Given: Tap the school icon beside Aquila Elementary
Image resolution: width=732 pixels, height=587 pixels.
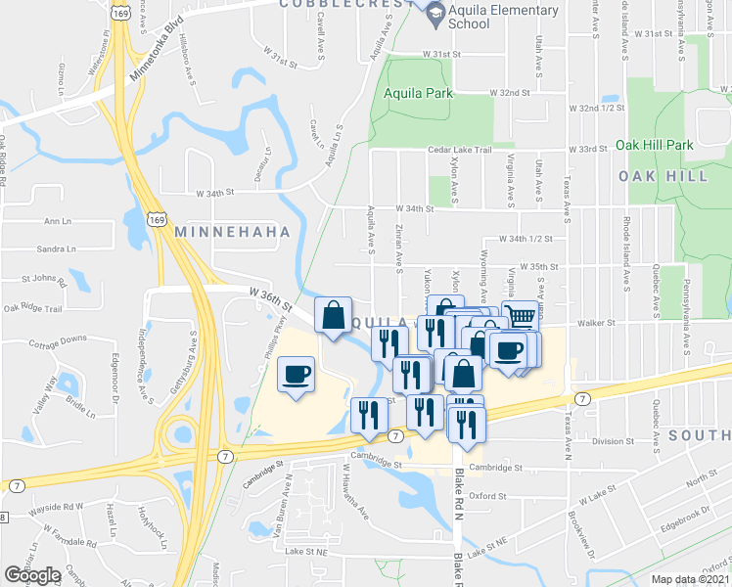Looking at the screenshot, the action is pos(433,11).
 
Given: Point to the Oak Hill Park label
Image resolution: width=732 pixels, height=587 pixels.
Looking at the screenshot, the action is pos(654,145).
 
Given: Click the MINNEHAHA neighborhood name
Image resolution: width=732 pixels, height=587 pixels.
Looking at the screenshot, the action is pos(232,232).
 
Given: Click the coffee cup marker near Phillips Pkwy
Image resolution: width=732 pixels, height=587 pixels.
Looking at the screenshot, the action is pos(296,374).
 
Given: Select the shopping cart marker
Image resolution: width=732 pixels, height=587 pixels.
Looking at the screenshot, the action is pos(521,316).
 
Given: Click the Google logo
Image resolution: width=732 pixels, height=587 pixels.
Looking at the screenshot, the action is pos(32,574).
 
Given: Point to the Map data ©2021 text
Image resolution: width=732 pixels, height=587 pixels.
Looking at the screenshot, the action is pos(691,579).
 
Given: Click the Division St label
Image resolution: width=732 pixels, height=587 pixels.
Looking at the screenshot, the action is pos(614,441).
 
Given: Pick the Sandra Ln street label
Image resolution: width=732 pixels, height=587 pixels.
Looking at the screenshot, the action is pos(56,249).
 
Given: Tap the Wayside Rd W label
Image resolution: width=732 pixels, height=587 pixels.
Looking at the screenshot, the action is pos(55,507).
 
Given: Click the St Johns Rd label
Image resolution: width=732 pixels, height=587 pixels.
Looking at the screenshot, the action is pos(49,284).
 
